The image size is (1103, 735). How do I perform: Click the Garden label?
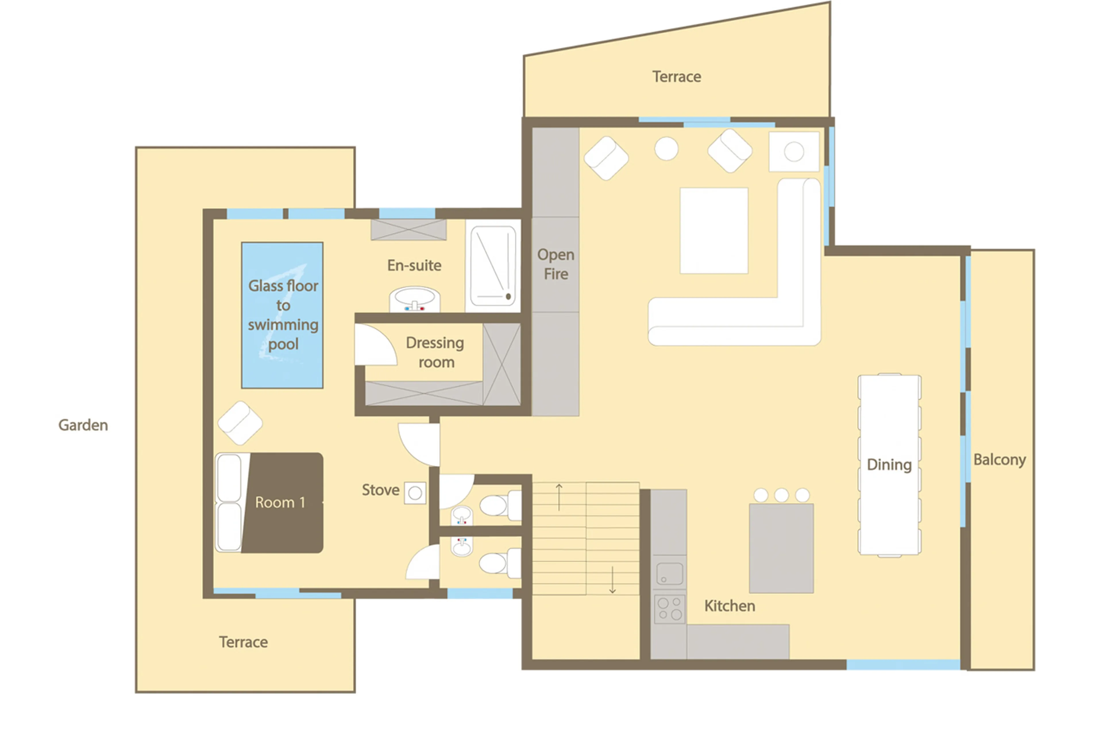[x=83, y=425]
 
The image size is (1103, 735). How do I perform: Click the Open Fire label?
[x=556, y=264]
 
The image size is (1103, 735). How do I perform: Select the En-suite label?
[x=414, y=265]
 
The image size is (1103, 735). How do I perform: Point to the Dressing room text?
[x=435, y=352]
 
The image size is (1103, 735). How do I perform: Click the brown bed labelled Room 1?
[x=281, y=503]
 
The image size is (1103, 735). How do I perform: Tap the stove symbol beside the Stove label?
[x=415, y=493]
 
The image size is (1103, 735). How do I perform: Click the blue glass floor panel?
[x=282, y=315]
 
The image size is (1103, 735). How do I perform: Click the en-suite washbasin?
[x=414, y=299]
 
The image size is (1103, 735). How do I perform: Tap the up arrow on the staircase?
[x=559, y=497]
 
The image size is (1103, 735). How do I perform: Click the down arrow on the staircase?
[x=612, y=580]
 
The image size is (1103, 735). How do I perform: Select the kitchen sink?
[x=669, y=573]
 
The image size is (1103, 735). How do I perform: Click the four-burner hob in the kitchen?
[x=669, y=608]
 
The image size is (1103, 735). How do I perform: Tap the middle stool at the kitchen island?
[x=781, y=495]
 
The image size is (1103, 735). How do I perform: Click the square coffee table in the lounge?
[x=714, y=230]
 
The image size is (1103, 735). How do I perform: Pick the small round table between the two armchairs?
[x=666, y=148]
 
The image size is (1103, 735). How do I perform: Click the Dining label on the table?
[x=889, y=464]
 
